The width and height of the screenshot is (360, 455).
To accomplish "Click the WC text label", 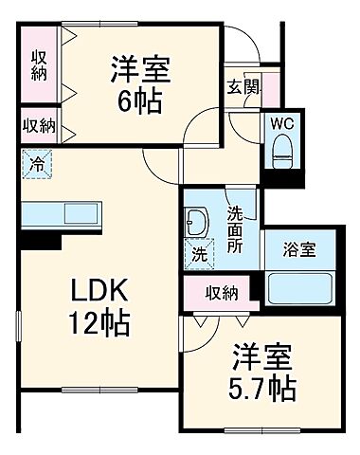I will pos(280,123).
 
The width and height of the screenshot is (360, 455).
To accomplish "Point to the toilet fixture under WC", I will pos(280,147).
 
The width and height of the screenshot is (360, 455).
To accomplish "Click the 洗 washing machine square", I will pos(200,254).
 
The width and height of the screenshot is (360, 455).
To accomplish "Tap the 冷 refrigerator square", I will pos(37,162).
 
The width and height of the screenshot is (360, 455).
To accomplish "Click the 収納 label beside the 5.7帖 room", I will pos(222,292).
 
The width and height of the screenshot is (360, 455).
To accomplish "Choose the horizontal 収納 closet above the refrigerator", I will pos(39,124).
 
